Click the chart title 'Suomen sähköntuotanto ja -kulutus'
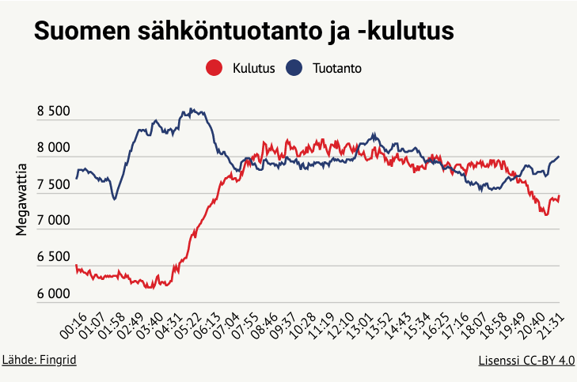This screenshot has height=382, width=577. pyautogui.click(x=243, y=32)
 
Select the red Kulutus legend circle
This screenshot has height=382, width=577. pyautogui.click(x=213, y=69)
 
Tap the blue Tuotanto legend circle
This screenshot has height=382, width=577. pyautogui.click(x=294, y=69)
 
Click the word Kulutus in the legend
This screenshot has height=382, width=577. pyautogui.click(x=253, y=69)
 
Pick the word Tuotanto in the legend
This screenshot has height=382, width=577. pyautogui.click(x=336, y=69)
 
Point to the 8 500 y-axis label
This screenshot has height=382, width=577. pyautogui.click(x=54, y=112)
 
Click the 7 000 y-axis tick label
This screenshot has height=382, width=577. pyautogui.click(x=54, y=221)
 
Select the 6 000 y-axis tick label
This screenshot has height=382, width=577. pyautogui.click(x=54, y=294)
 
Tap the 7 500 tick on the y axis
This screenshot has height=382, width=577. pyautogui.click(x=54, y=185)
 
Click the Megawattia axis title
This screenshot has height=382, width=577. pyautogui.click(x=22, y=199)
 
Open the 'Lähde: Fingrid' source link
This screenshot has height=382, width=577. pyautogui.click(x=40, y=360)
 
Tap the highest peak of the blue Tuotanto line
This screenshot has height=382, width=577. pyautogui.click(x=192, y=109)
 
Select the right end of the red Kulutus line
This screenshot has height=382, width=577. pyautogui.click(x=559, y=196)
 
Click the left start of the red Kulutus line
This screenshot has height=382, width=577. pyautogui.click(x=76, y=267)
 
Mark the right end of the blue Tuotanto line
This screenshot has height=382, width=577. pyautogui.click(x=559, y=157)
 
